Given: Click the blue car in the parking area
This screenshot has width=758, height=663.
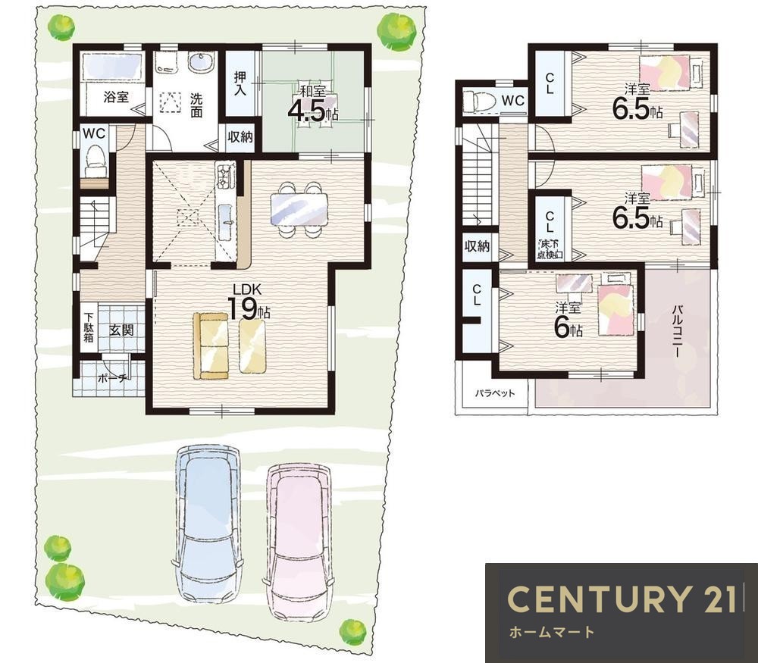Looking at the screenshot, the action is tap(208, 524).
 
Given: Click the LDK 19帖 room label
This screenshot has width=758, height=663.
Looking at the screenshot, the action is tap(249, 303).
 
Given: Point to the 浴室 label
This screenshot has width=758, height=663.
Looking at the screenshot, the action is tap(116, 96).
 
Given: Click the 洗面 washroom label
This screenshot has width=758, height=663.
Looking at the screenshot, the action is tap(196, 105).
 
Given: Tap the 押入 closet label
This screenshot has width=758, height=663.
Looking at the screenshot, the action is tap(240, 83).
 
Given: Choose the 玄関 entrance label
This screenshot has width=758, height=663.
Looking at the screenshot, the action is tap(121, 330).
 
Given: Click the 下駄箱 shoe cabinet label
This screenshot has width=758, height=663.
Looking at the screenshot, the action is tap(89, 327).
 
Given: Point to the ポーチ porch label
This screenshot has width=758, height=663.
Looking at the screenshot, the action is tap(113, 378).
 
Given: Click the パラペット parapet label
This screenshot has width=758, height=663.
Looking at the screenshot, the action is tap(494, 393).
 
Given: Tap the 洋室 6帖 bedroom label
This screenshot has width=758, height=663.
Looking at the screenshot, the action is tap(568, 320).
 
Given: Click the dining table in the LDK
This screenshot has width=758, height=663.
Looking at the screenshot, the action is tap(299, 210).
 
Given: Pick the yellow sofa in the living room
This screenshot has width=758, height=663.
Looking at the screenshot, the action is tap(211, 346).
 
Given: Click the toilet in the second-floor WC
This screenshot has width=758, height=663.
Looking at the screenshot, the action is tap(481, 102).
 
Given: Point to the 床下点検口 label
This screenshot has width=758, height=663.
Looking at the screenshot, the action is tap(550, 248).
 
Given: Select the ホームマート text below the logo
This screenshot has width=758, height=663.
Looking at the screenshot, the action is tap(552, 632).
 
